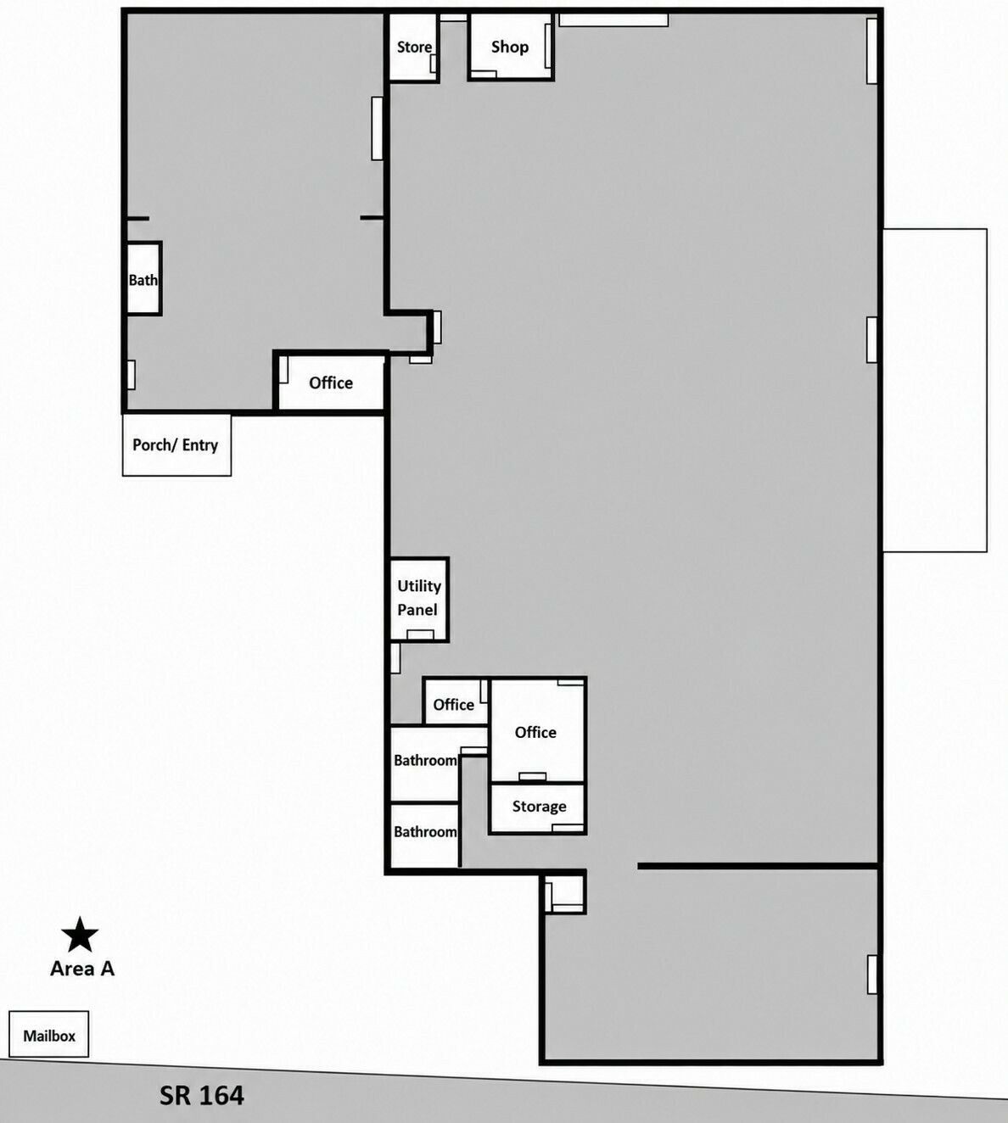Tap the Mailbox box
point(49,1034)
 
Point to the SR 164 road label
point(202,1095)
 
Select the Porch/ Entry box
point(176,444)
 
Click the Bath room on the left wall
point(143,279)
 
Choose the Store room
point(413,47)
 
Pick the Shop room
point(511,47)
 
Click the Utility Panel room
point(419,599)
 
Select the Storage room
point(537,807)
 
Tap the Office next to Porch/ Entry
point(330,383)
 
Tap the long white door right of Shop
point(613,20)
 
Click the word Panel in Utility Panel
point(417,610)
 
